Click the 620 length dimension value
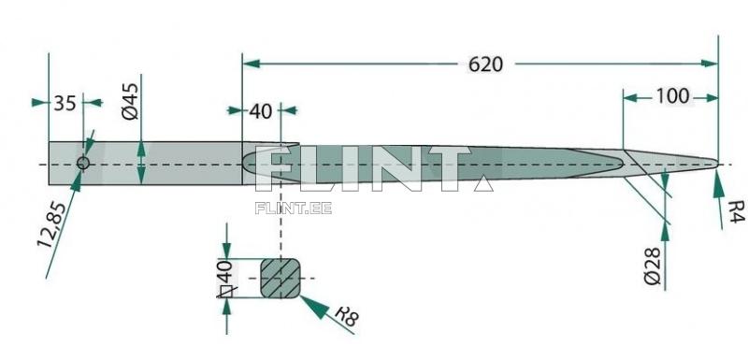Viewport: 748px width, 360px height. tap(485, 65)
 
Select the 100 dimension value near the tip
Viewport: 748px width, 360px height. tap(672, 96)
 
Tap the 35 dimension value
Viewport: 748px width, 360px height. tap(65, 103)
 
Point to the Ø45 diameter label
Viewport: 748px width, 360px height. tap(130, 101)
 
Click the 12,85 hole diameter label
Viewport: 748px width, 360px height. tap(52, 224)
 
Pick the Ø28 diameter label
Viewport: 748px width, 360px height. tap(652, 266)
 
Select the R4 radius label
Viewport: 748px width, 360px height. tap(736, 211)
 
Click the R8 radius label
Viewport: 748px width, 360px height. tap(347, 315)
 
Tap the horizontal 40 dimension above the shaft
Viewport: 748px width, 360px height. tap(261, 111)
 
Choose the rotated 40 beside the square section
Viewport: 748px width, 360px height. tap(226, 271)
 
